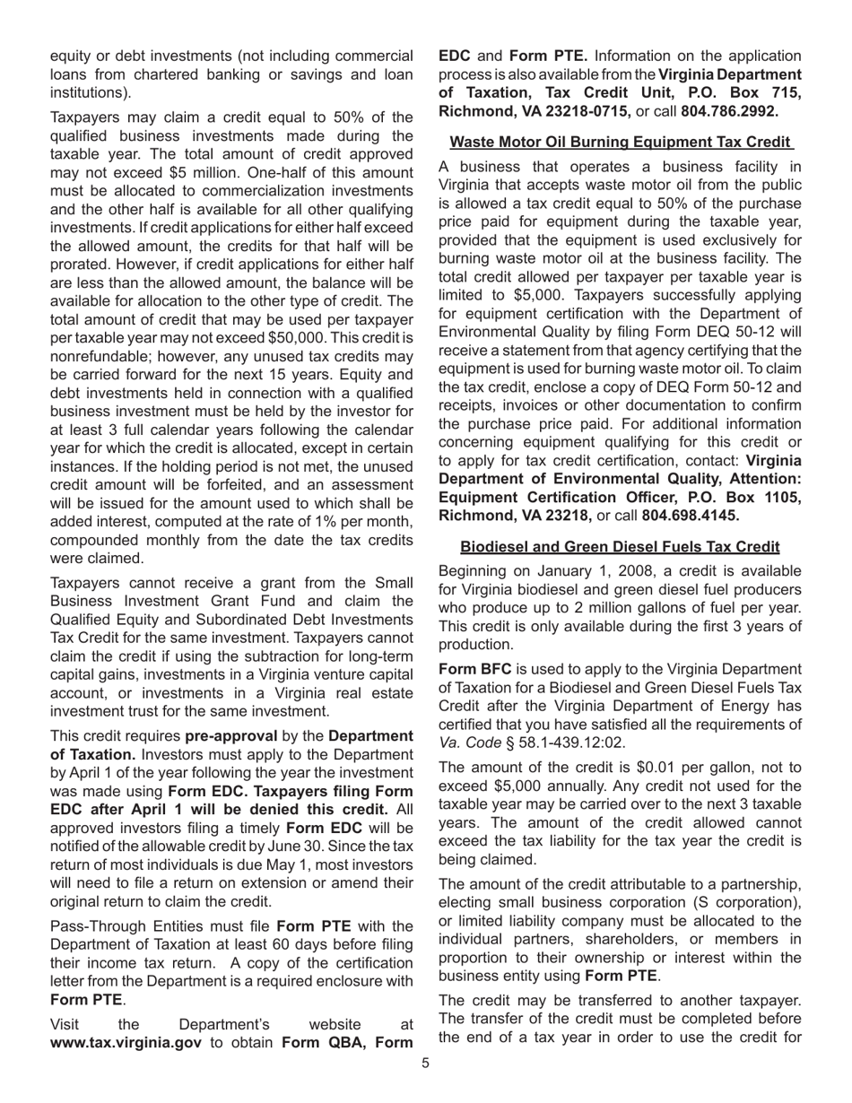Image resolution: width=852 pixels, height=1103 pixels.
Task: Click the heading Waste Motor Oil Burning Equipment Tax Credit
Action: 622,142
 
